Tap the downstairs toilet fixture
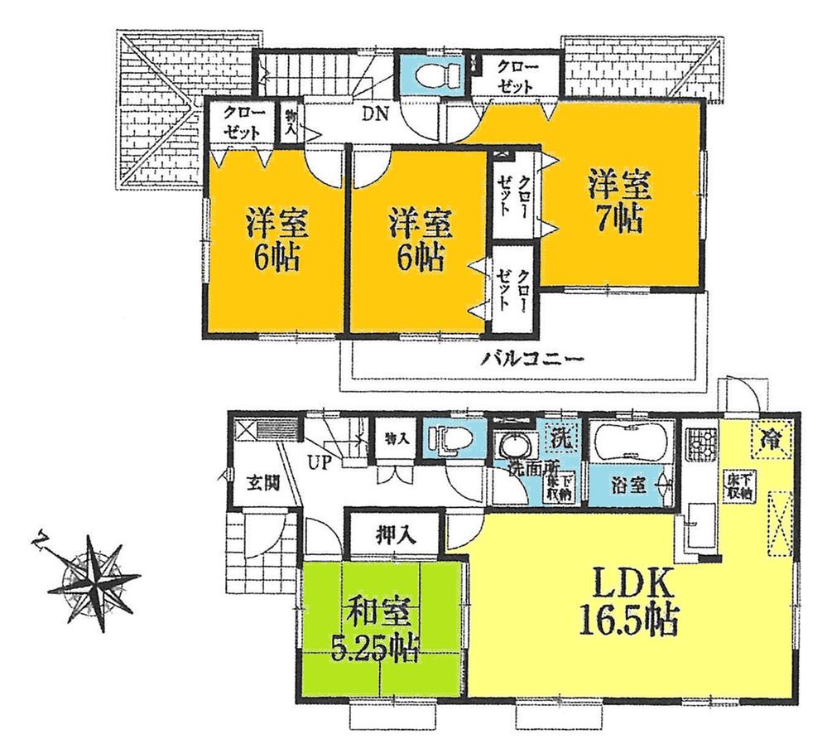tap(452, 437)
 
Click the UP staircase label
tap(319, 462)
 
